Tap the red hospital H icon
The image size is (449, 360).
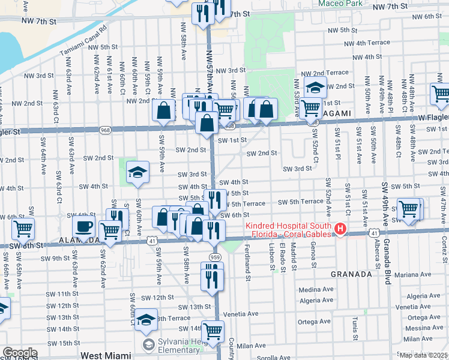coord(340,229)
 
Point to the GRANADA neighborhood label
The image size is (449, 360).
coord(352,274)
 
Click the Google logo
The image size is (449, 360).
coord(20,353)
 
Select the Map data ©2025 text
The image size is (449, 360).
coord(423,355)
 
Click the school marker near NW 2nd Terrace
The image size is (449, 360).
coord(315,88)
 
